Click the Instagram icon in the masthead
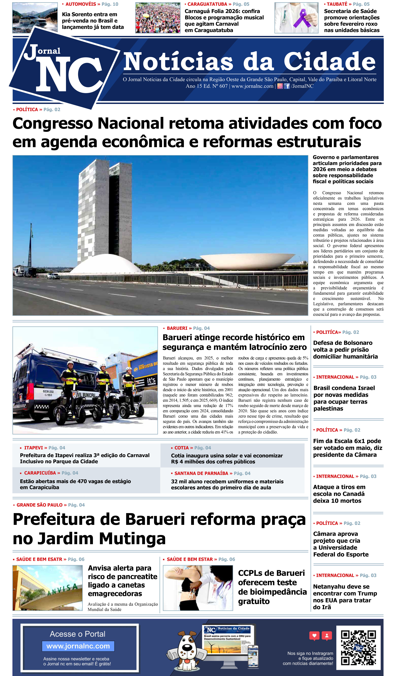[x=280, y=86]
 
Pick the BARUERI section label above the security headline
[x=177, y=328]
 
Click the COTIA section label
[x=181, y=448]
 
